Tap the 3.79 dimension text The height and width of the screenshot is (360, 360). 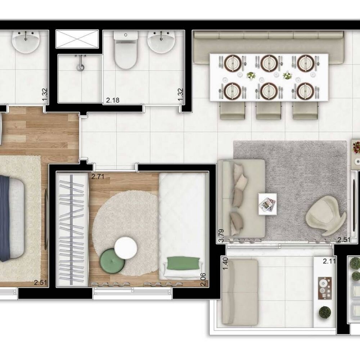coord(222,238)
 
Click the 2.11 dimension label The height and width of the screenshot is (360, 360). coord(329,261)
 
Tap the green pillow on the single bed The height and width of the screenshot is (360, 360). coord(184,263)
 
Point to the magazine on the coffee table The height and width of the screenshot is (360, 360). coord(267,204)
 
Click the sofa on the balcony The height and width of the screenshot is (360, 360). coord(240,292)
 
